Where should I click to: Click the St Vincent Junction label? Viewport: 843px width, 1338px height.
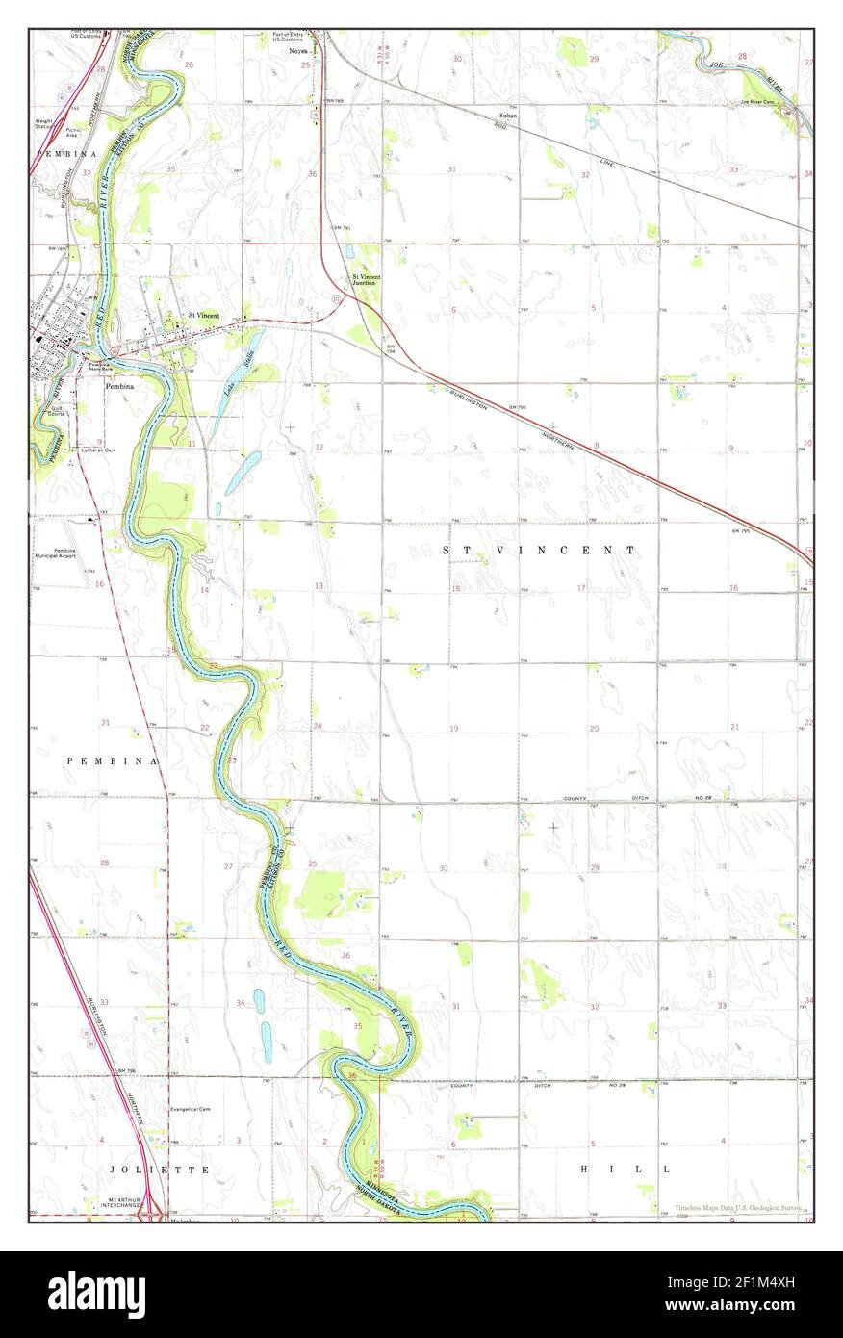coord(365,280)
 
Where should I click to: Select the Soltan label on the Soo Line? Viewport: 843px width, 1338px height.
coord(508,116)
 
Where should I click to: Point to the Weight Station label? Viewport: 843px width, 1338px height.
coord(43,123)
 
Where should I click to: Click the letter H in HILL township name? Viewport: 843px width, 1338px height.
coord(585,1169)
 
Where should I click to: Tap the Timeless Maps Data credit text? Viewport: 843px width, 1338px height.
coord(737,1207)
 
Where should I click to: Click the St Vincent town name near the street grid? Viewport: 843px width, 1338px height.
coord(203,315)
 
